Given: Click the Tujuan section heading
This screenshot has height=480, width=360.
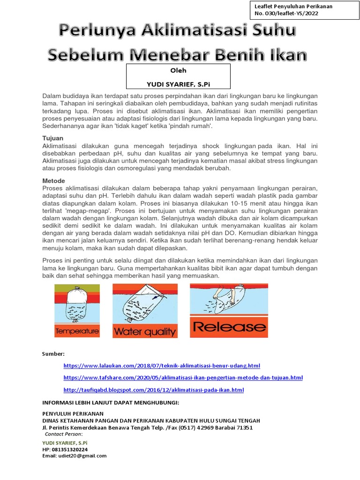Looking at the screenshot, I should coord(52,138).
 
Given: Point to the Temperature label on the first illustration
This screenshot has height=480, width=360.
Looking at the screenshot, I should coord(77,331).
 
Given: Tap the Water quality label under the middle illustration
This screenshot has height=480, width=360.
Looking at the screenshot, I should coord(144,332).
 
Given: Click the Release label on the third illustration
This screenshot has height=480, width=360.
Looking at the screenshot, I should coord(229,326).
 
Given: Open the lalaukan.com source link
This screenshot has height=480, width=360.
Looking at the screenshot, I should coord(162,365).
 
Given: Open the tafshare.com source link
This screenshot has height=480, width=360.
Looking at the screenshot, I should coord(183,377).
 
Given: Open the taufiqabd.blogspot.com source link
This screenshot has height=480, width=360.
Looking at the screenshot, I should coord(154,390).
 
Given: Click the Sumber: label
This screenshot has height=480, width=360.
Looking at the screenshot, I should coord(53,353).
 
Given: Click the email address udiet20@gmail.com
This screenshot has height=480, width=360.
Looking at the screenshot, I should coord(74,456).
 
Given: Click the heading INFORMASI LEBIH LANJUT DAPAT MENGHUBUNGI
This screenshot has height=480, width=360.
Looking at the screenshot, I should coord(111,403).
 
